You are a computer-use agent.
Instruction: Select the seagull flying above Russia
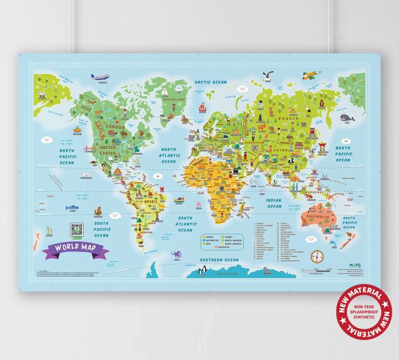pos(270,75)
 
